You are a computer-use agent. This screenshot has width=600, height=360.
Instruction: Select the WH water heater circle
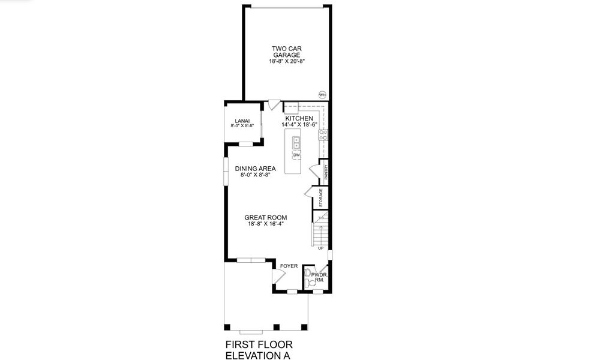[x=322, y=95]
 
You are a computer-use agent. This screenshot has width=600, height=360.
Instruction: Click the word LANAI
[x=242, y=121]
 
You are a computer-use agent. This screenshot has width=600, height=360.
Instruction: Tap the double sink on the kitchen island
[x=296, y=143]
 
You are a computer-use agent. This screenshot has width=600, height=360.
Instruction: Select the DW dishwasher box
[x=296, y=155]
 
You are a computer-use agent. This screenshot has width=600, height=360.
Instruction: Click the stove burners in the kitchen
[x=323, y=134]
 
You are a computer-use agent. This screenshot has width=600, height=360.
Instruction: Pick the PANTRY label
[x=326, y=172]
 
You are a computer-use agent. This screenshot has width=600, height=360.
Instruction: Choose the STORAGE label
[x=321, y=198]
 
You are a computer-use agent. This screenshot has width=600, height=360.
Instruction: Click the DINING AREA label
[x=255, y=169]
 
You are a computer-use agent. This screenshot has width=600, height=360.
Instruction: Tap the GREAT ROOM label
[x=265, y=217]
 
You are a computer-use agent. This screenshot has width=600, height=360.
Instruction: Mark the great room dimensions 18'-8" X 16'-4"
[x=265, y=224]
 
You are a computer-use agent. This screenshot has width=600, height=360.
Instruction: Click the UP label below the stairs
[x=320, y=248]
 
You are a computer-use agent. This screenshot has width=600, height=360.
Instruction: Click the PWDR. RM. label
[x=318, y=277]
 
